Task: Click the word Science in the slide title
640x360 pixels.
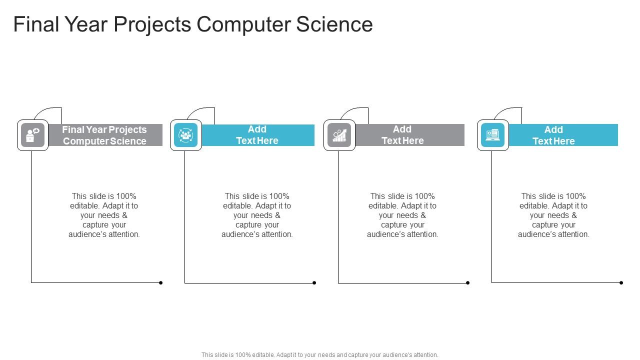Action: pos(334,24)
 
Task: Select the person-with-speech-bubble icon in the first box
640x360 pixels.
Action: pos(32,135)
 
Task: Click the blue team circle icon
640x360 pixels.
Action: pos(185,135)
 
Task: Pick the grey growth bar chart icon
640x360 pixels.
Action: pos(339,135)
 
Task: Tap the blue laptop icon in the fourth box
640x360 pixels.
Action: pos(492,135)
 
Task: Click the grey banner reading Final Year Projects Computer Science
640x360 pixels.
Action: pos(105,135)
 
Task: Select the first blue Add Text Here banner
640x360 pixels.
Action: pos(257,135)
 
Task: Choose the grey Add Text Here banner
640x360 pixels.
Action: pos(409,135)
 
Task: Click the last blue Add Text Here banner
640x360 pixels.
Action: pos(563,135)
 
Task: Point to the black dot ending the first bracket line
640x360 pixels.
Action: pos(161,283)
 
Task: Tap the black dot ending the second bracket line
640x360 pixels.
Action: pos(314,283)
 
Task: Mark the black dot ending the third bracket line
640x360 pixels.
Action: pos(467,283)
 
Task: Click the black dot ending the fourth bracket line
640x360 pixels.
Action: pos(621,283)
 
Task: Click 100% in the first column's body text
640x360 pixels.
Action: pos(126,196)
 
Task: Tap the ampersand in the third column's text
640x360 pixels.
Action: pos(423,215)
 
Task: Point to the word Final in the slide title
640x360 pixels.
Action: pos(36,24)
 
